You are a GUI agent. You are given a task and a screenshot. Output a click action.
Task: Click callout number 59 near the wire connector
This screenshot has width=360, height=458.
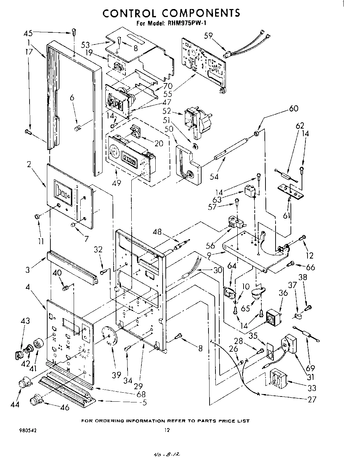point(208,35)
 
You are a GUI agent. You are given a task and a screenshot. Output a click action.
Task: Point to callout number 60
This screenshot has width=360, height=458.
point(294,108)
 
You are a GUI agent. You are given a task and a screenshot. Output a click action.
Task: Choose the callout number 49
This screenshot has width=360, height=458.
point(117,182)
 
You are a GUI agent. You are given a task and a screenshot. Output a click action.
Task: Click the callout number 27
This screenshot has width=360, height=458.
point(312,399)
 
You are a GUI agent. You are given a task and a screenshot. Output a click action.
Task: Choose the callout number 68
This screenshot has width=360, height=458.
point(141,394)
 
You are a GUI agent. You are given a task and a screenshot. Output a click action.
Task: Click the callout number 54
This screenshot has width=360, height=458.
point(214,177)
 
